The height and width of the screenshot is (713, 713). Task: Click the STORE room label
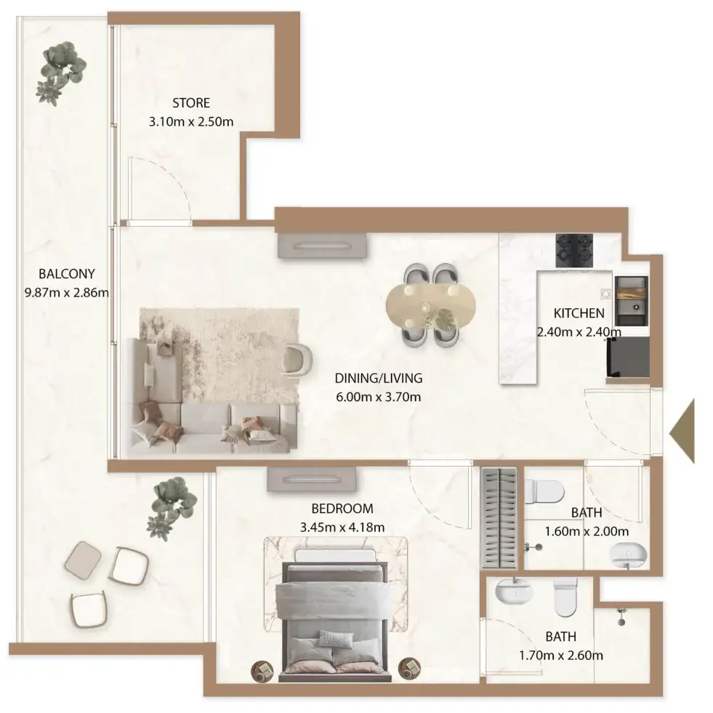tap(191, 103)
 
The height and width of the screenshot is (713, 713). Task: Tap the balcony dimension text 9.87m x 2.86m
tap(67, 294)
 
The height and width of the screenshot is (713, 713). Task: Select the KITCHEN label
tap(579, 314)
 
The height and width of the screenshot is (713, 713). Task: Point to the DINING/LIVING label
tap(378, 378)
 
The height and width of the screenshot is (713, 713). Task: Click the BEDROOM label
tap(342, 509)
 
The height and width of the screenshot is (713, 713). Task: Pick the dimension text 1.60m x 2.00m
tap(586, 531)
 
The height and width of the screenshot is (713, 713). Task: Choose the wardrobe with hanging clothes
tap(499, 517)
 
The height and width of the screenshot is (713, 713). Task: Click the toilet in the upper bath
tap(544, 492)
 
